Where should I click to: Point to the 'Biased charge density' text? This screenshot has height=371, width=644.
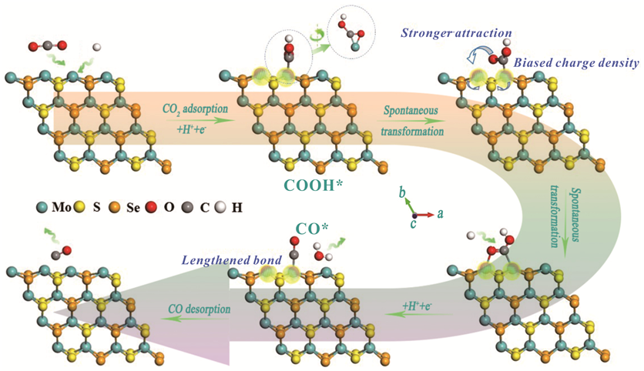point(574,64)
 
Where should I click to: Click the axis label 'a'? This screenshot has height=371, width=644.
point(440,216)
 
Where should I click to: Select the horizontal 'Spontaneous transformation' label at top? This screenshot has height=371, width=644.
point(412,116)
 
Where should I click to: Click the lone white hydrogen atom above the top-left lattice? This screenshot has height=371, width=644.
point(96,48)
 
